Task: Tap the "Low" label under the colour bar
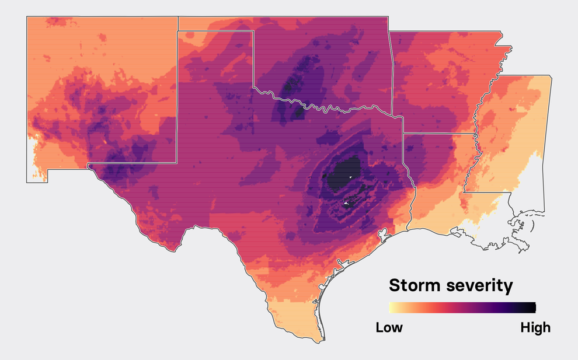pos(389,327)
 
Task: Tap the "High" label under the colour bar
pos(535,327)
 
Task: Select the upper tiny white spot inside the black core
pos(350,177)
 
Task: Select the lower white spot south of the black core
pos(346,202)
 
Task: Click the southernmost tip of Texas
pos(319,341)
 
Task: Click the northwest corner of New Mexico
pos(27,17)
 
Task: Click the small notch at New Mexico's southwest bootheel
pos(48,171)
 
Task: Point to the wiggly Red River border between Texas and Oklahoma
pos(327,107)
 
